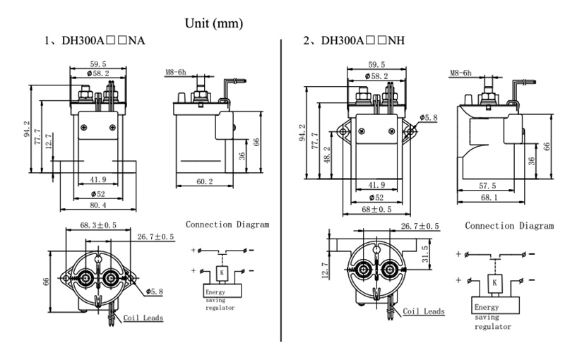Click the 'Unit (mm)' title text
coord(214,23)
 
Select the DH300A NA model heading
coord(95,42)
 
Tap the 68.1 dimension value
coord(488,198)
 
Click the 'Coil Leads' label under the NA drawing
coord(143,318)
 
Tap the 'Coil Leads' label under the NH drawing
coord(424,311)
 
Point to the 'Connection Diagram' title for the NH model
coord(509,226)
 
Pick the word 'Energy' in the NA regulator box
coord(217,292)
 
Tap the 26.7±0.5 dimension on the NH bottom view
coord(420,226)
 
